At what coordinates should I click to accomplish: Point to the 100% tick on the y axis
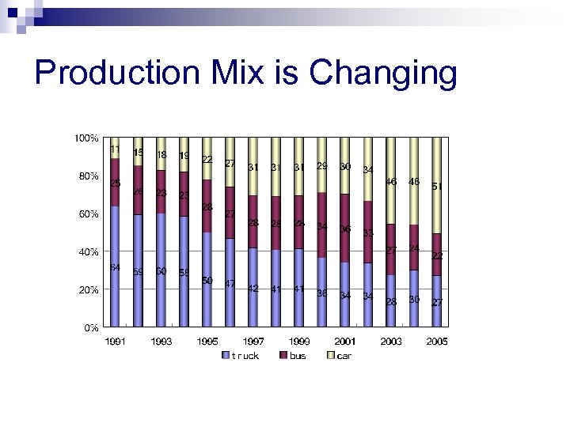[86, 138]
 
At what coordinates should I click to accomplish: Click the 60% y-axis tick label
[86, 214]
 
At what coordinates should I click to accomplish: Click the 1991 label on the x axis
[115, 342]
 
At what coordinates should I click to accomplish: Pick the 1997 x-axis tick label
[253, 342]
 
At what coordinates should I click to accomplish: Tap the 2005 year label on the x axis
[436, 342]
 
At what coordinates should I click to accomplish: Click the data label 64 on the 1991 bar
[115, 267]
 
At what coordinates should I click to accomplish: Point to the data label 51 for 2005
[437, 187]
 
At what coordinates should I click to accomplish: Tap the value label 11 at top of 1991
[116, 149]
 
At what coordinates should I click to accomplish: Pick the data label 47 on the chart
[230, 283]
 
